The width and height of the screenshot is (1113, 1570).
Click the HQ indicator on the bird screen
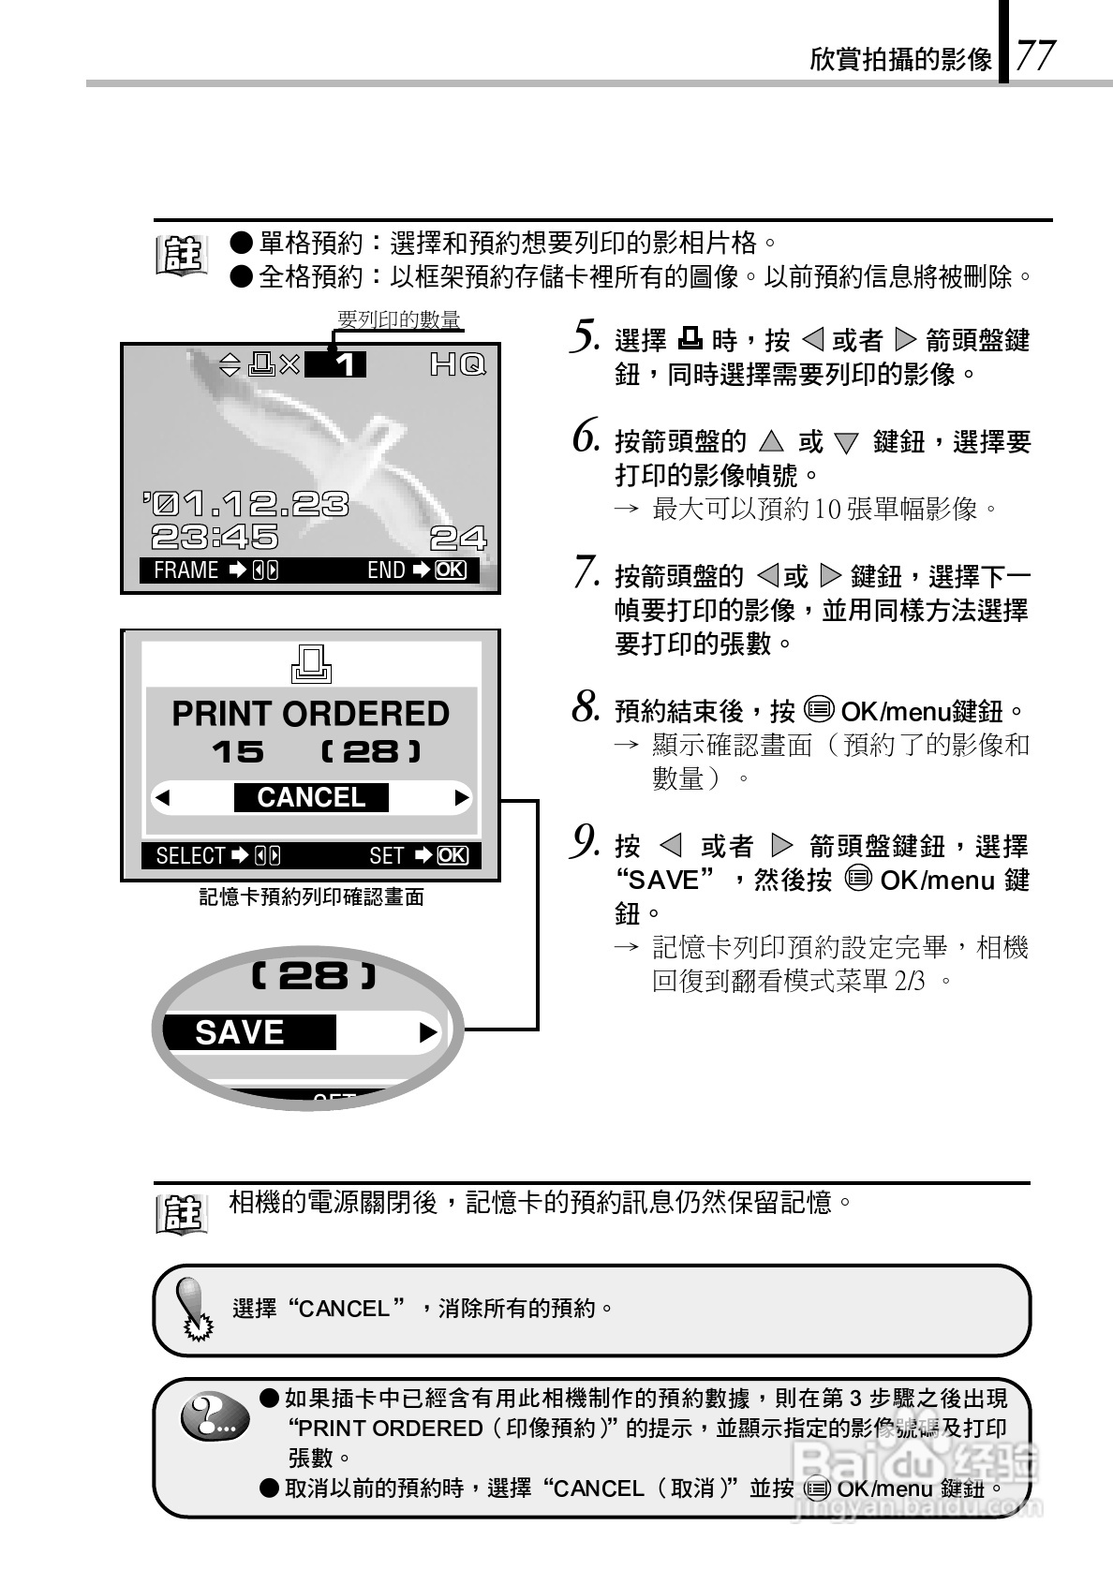457,364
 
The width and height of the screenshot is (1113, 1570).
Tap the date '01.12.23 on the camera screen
246,505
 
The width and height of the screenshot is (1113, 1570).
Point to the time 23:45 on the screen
215,537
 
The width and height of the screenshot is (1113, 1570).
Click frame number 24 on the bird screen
458,538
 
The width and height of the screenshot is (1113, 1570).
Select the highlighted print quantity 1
346,364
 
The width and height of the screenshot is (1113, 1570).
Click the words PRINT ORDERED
310,714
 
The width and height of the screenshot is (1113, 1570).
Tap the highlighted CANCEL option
311,797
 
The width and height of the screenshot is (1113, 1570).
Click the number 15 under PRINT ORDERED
238,752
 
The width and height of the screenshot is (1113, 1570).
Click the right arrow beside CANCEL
461,798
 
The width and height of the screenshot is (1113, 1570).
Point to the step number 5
584,336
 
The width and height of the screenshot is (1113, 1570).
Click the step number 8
586,707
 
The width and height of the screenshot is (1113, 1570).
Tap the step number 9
585,842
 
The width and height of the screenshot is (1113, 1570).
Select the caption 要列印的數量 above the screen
398,320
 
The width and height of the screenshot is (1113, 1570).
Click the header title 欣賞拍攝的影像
900,60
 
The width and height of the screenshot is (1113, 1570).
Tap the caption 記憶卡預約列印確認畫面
311,897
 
